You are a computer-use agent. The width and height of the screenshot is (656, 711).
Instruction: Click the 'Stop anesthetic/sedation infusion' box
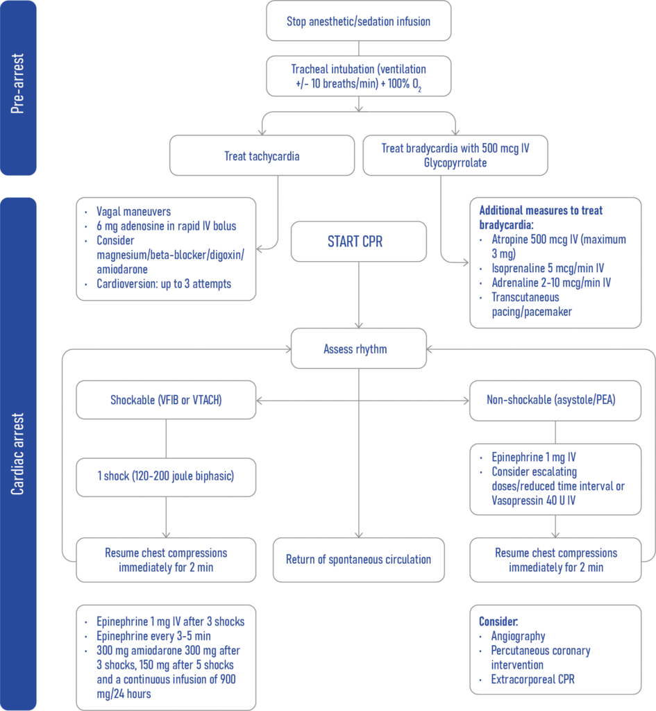(358, 22)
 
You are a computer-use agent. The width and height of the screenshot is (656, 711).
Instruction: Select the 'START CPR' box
(358, 242)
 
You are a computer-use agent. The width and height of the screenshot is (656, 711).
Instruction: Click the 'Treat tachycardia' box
(262, 156)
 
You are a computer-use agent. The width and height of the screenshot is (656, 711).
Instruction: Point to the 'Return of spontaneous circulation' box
(358, 559)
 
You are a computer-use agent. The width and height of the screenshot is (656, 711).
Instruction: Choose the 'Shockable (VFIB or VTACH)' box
(166, 400)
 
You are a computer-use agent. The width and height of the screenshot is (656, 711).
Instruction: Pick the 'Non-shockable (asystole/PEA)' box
(555, 400)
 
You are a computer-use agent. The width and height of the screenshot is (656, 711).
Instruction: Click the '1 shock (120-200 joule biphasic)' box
(166, 477)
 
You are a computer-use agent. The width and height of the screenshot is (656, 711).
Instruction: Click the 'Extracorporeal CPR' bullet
(532, 679)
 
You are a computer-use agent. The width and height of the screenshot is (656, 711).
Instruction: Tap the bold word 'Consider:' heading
(498, 621)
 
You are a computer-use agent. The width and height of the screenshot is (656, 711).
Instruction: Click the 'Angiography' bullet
(518, 636)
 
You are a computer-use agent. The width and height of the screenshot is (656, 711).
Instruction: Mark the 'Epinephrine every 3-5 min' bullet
(153, 636)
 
